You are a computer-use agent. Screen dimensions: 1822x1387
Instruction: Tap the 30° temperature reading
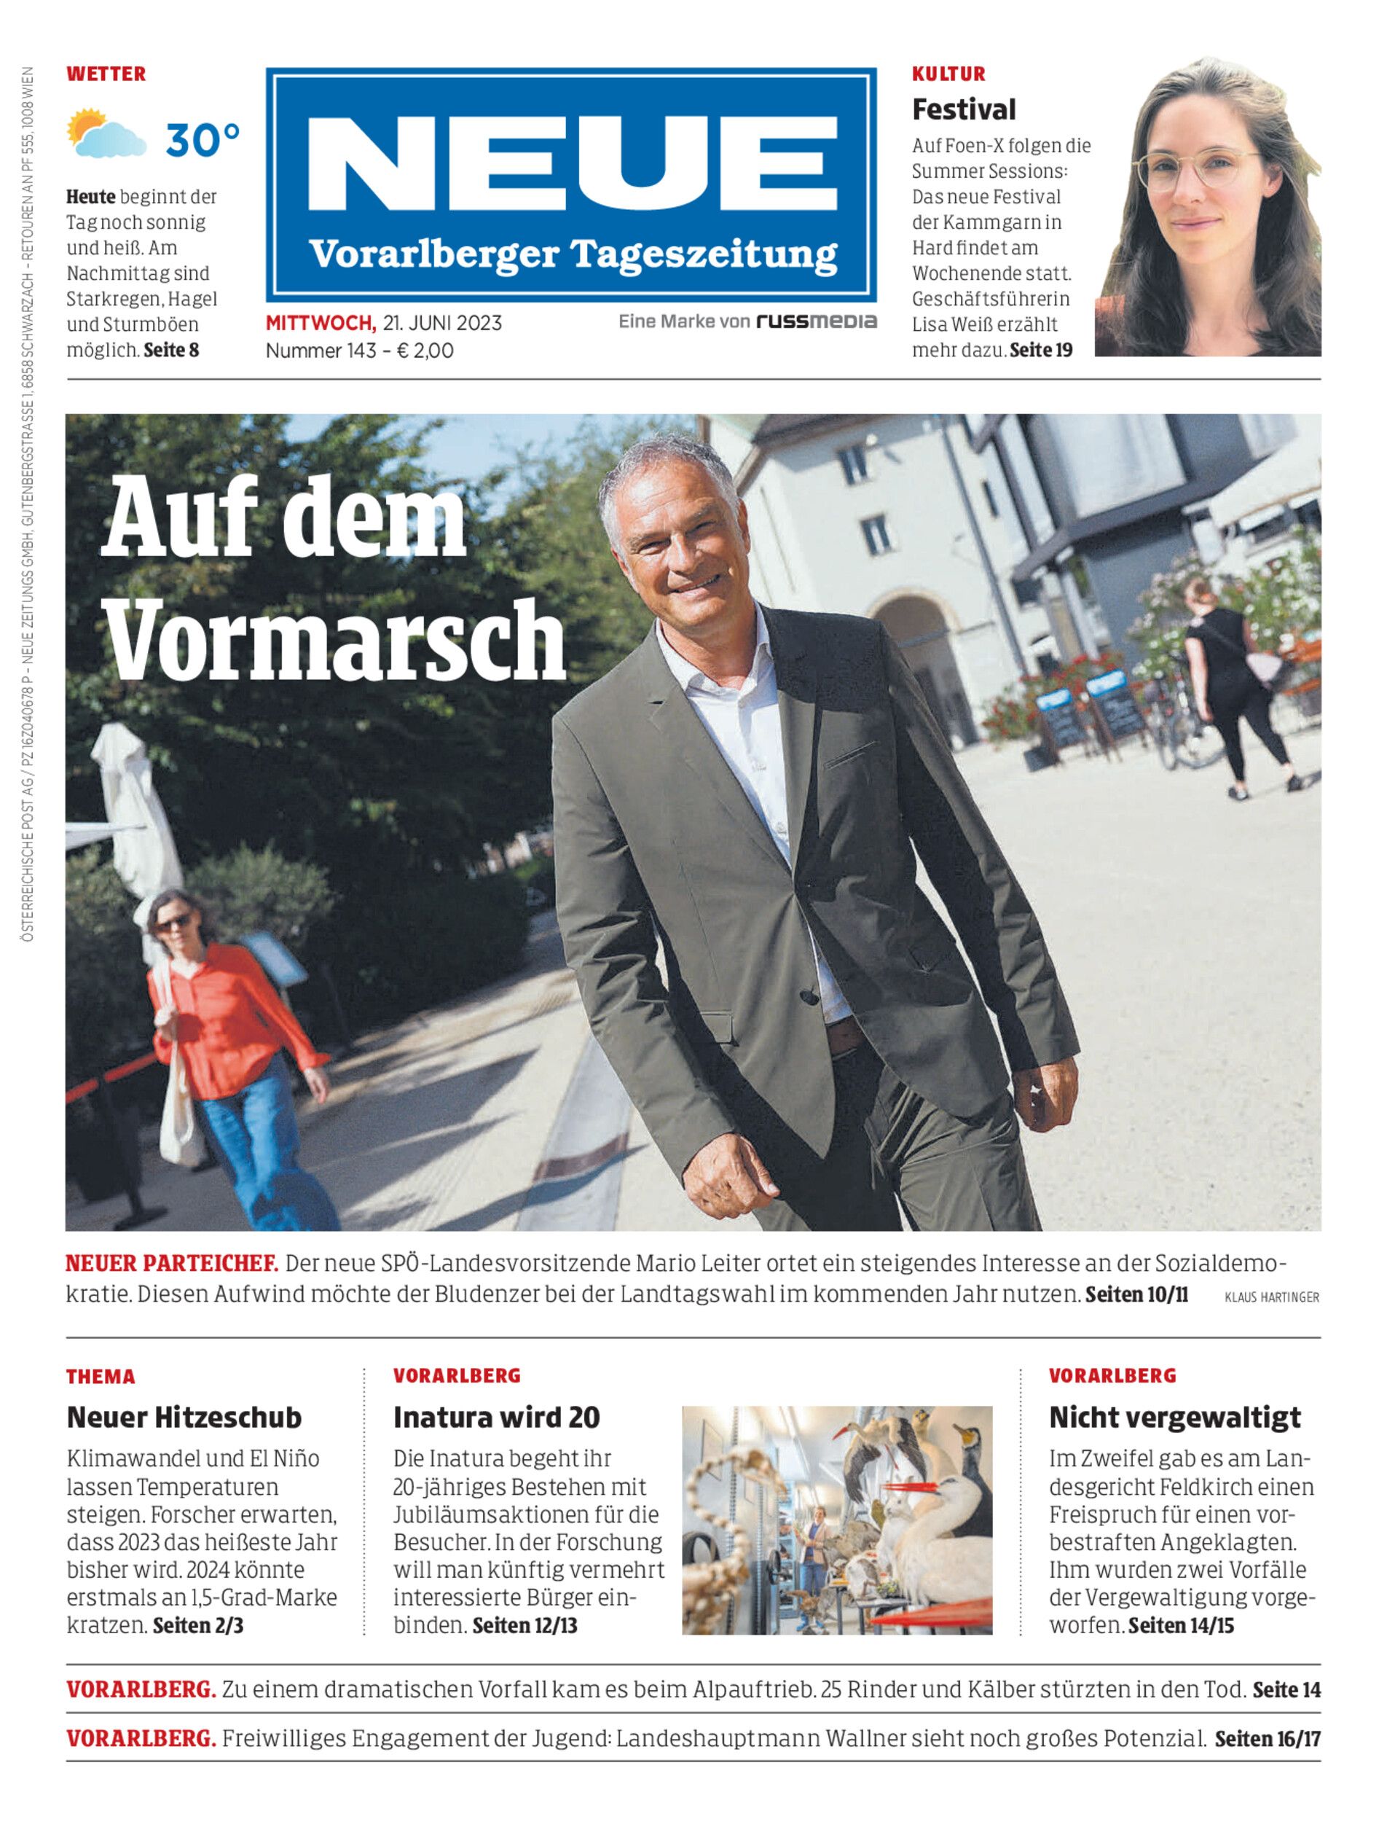pos(203,140)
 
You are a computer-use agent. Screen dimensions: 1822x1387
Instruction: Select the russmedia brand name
pos(816,321)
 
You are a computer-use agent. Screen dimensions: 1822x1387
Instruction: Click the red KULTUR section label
pos(948,74)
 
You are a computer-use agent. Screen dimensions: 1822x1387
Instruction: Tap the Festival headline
pos(964,109)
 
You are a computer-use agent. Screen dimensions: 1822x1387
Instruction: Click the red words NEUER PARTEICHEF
pos(172,1264)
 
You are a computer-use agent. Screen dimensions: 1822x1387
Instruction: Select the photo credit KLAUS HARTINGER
pos(1271,1297)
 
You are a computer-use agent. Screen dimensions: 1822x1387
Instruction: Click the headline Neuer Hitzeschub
pos(184,1418)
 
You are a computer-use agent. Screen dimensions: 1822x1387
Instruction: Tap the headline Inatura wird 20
pos(496,1418)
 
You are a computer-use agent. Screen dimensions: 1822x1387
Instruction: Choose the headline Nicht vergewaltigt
pos(1174,1418)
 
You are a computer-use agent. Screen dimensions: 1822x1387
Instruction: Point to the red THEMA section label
pos(101,1377)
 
